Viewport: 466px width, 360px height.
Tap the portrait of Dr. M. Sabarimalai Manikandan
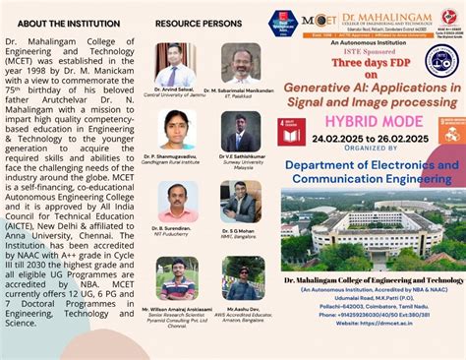tap(241, 62)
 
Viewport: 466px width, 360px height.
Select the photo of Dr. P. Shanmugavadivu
tap(177, 131)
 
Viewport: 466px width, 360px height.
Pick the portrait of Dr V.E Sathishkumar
tap(241, 131)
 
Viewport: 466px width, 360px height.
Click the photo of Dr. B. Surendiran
tap(177, 201)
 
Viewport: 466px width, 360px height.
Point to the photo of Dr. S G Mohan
tap(241, 201)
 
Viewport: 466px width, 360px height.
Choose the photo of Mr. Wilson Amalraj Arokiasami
tap(177, 278)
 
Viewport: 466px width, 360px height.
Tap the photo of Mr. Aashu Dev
tap(242, 278)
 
